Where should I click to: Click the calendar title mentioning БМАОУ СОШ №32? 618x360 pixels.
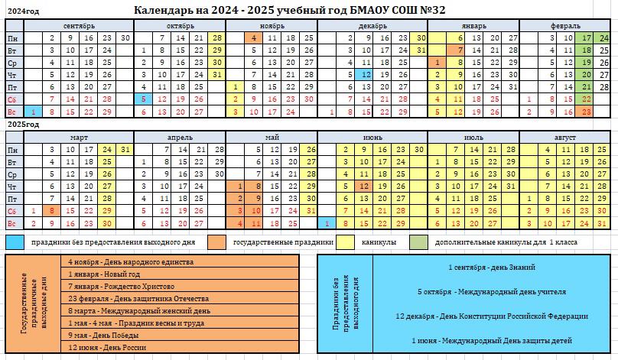pos(289,10)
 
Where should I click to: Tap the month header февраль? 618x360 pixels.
pos(564,25)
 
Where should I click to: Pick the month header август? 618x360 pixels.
pos(564,138)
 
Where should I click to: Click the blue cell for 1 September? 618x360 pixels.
pos(34,112)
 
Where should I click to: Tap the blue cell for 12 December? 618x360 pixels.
pos(366,75)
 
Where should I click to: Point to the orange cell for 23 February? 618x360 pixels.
pos(587,112)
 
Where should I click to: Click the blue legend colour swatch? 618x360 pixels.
pos(15,242)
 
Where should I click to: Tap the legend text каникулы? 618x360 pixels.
pos(378,242)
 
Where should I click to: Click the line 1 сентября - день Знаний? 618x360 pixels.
pos(492,268)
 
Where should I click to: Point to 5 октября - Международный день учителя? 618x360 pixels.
pos(492,292)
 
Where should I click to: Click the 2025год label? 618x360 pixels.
pos(23,124)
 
